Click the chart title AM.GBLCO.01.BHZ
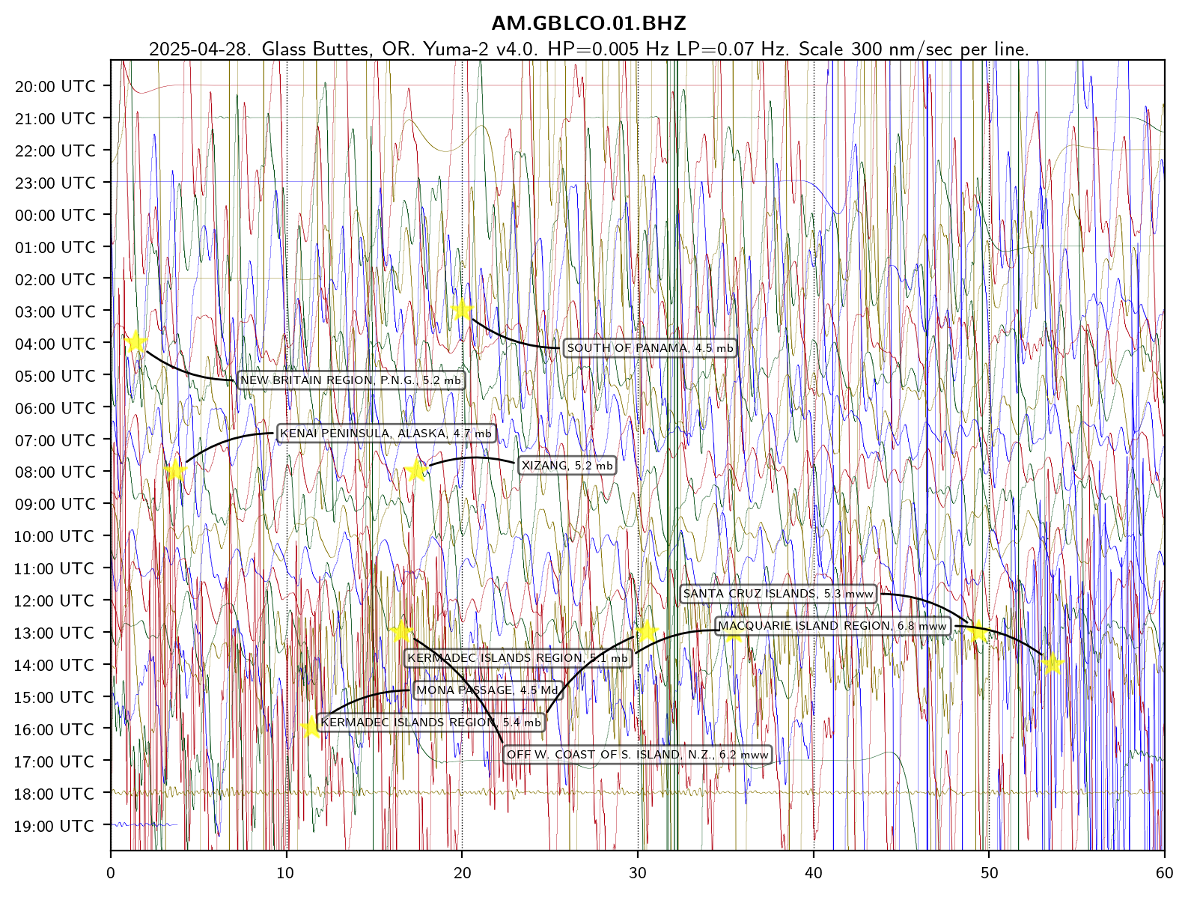(x=588, y=23)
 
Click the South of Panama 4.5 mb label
(x=650, y=348)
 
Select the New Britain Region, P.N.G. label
(x=350, y=380)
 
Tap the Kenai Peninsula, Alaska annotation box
(x=386, y=434)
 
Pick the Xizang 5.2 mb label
(x=567, y=466)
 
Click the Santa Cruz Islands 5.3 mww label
(x=778, y=594)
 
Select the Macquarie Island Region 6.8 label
(x=832, y=626)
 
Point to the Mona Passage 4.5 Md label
(x=487, y=690)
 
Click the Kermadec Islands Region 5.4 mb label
(x=430, y=723)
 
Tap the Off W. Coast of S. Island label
(x=638, y=755)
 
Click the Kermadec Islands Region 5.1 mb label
(x=517, y=658)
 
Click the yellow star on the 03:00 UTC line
(x=462, y=309)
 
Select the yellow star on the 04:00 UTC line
(x=135, y=342)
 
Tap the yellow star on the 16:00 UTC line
(x=311, y=727)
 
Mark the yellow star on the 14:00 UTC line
(x=1052, y=663)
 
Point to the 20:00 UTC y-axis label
(x=55, y=87)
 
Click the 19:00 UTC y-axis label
(x=55, y=827)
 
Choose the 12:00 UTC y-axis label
(x=55, y=601)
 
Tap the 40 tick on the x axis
(x=814, y=873)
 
